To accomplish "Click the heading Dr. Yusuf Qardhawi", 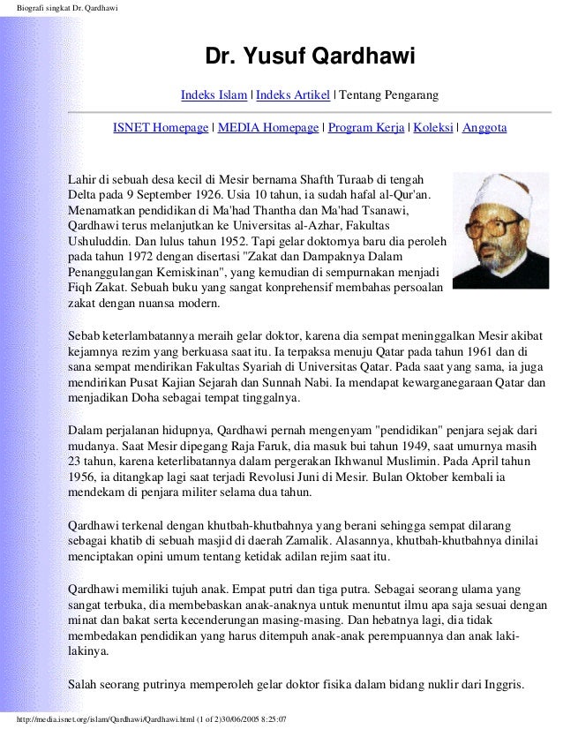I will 310,57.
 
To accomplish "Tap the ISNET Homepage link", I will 160,128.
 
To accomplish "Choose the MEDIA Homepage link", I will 267,128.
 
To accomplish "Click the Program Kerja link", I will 366,128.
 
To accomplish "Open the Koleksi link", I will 434,128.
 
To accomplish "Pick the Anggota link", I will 484,128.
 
